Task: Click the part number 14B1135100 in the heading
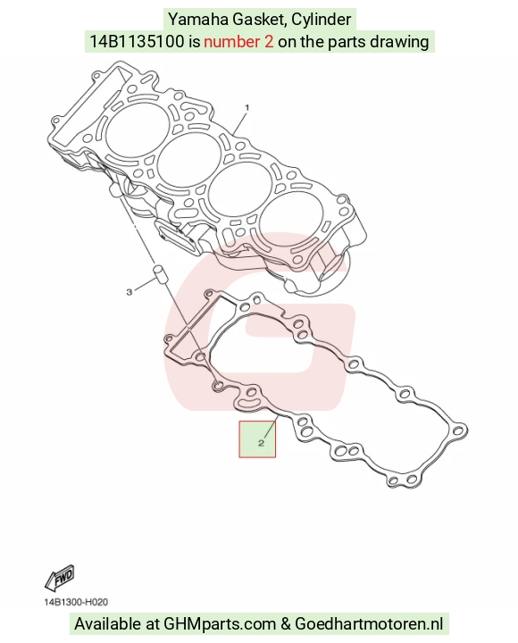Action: (137, 41)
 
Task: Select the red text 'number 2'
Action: (238, 41)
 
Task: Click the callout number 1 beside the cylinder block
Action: (246, 107)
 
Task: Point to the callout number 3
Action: (129, 292)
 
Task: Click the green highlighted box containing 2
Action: (257, 438)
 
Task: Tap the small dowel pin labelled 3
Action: (158, 273)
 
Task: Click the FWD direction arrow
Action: (60, 578)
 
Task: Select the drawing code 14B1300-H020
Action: (76, 602)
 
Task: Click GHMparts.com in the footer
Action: (220, 624)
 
